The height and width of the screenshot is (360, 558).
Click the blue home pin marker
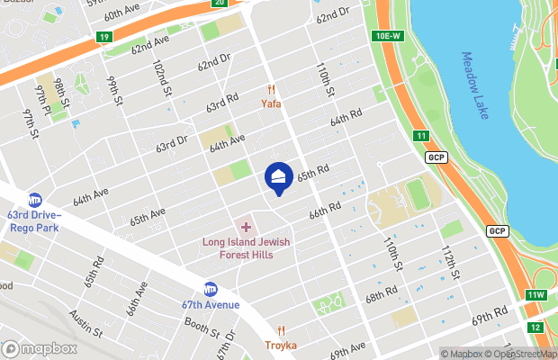click(x=279, y=176)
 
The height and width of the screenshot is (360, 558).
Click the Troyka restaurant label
click(x=281, y=345)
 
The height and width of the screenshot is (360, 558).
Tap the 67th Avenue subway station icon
click(x=210, y=289)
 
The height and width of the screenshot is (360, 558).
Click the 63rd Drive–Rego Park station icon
click(x=35, y=200)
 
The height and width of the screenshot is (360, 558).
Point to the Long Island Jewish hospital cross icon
click(x=246, y=227)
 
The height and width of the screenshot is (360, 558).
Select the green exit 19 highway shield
click(x=103, y=38)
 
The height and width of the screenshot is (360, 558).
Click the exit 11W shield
click(x=536, y=295)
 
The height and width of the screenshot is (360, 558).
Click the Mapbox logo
click(x=40, y=348)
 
